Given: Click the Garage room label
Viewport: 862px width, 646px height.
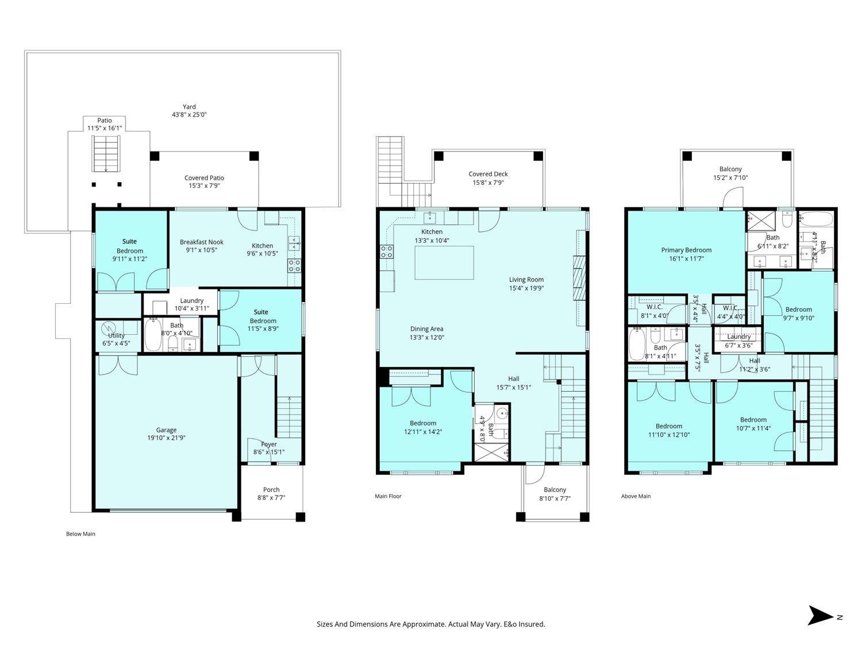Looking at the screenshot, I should pos(166,430).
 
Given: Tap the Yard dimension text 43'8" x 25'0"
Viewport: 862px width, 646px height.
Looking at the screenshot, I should pos(189,115).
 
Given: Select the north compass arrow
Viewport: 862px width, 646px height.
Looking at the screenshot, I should pos(821,616).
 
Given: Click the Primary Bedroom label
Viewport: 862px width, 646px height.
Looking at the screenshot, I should pos(686,250).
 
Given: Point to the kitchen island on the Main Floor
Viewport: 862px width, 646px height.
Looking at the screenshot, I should pos(444,262).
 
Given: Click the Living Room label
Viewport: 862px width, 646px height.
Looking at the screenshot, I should pos(526,280).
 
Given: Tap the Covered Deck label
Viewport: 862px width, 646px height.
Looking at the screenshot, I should pos(488,174).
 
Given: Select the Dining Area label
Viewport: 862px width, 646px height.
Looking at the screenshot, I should pos(426,329).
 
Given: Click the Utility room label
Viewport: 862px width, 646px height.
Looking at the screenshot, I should pos(116,336).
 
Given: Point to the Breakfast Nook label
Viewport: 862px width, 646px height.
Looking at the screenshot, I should pos(201,242).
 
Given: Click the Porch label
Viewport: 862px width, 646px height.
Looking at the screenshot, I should pos(271,490).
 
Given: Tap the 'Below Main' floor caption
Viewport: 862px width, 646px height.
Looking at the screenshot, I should pos(80,534).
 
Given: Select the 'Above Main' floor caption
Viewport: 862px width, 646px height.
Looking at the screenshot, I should pos(636,496).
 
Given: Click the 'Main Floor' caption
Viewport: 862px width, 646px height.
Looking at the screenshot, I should pos(388,496).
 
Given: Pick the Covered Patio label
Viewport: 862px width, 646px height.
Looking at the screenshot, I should pos(204,178).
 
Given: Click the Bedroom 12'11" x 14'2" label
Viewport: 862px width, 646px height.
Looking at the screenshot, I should pos(423,423).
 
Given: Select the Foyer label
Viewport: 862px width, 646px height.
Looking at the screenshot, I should pos(269,444).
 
